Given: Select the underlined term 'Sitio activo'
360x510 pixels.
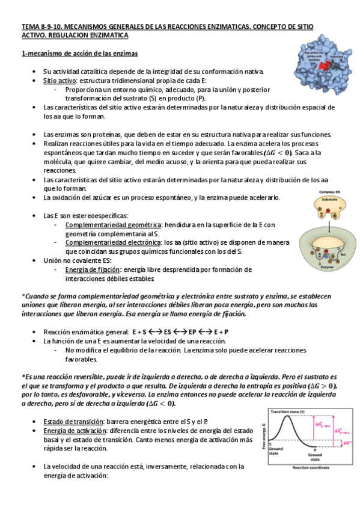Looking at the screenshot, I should coord(59,80).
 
